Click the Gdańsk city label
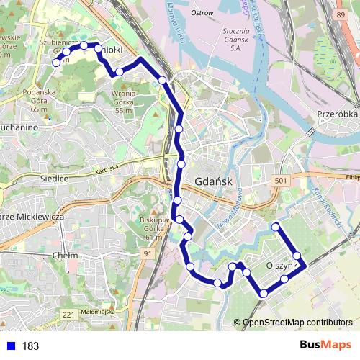[213, 181]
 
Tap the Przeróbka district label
[336, 114]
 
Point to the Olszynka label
[282, 265]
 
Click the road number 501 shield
[281, 181]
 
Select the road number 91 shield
[147, 253]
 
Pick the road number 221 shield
[68, 315]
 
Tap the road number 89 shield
[340, 14]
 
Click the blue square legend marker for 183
[11, 346]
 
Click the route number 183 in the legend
[30, 346]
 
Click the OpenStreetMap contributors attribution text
[297, 323]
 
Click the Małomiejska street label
[98, 312]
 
